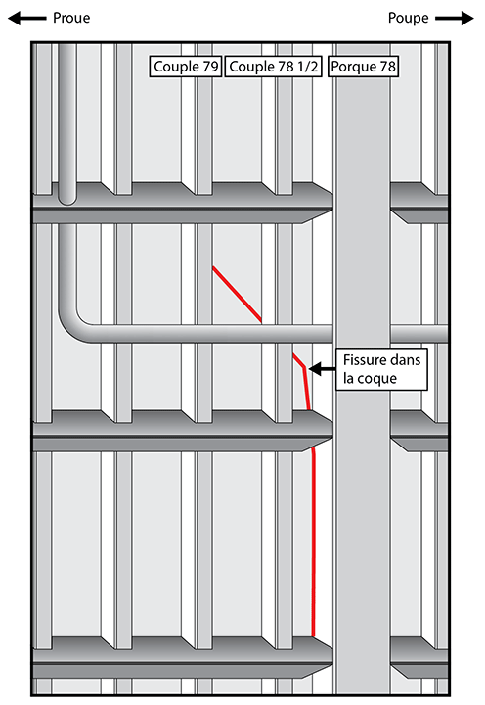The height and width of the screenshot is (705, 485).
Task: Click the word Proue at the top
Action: coord(71,18)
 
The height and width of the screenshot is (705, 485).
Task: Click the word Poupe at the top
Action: coord(408,18)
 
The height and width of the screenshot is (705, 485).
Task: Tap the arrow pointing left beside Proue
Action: coord(27,19)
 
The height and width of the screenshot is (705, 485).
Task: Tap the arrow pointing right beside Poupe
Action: coord(455,19)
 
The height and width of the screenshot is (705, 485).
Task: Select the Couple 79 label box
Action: coord(186,67)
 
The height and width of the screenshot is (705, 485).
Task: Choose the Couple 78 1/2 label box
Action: coord(273,67)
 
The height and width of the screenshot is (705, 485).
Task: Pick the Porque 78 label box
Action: coord(364,67)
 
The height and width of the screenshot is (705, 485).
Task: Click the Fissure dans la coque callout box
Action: coord(381,369)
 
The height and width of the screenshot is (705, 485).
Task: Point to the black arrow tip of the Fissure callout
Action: coord(310,369)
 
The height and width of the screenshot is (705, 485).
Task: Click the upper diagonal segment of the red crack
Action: coord(237,295)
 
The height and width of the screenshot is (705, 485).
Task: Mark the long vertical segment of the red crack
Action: coord(314,544)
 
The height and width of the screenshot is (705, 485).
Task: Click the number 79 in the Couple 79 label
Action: coord(210,67)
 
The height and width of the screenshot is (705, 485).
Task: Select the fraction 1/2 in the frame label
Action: coord(308,67)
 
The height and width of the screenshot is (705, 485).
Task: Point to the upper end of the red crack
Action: coord(213,267)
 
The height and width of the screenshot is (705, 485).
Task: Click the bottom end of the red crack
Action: coord(313,636)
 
